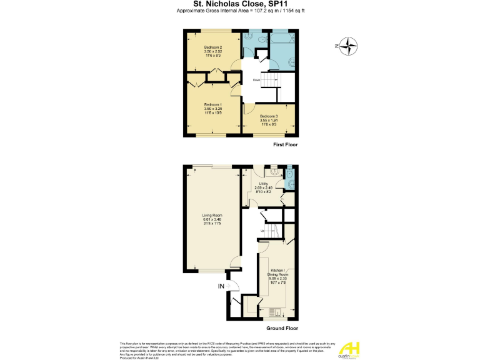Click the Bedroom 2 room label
(x=213, y=51)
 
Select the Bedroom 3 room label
(x=269, y=119)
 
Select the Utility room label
(x=263, y=187)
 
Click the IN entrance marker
(x=221, y=286)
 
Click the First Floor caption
(x=285, y=144)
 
